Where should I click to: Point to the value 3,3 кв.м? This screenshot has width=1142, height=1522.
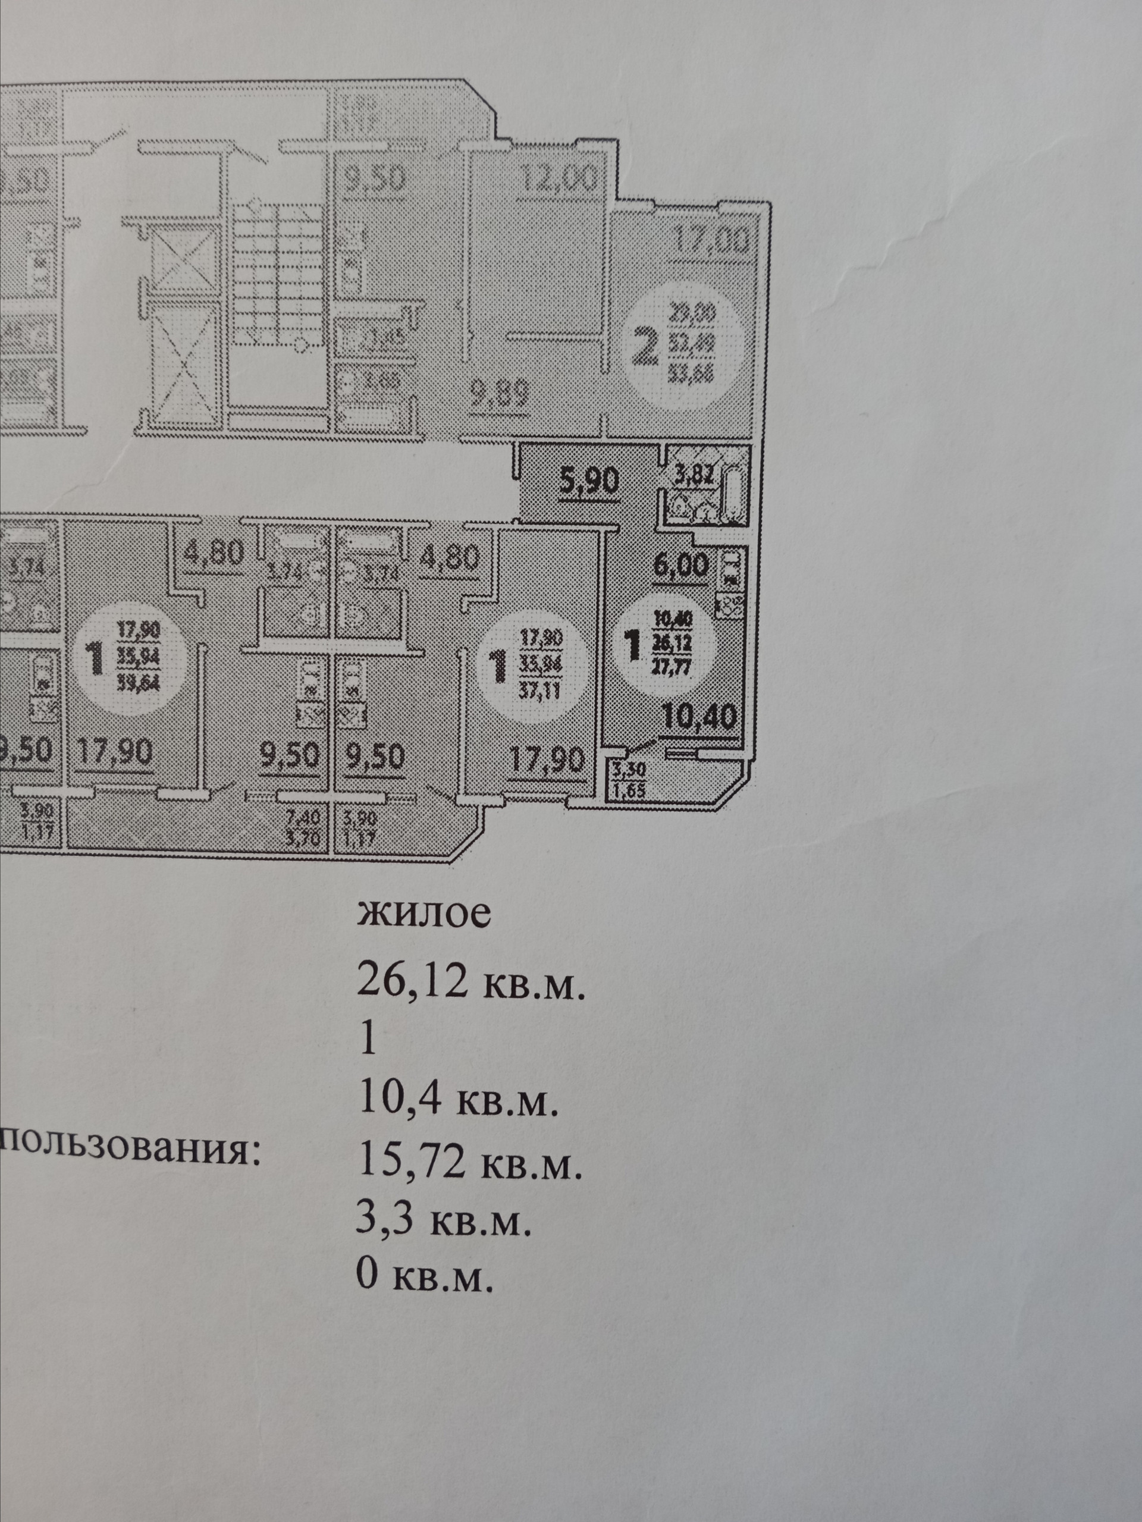coord(444,1223)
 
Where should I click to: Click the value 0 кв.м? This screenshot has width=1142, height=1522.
coord(425,1281)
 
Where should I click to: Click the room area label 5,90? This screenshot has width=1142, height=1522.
coord(589,480)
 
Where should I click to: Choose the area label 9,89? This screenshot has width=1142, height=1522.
coord(500,396)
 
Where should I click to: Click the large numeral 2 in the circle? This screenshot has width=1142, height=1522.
coord(645,349)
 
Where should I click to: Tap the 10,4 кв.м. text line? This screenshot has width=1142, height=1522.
coord(456,1102)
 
